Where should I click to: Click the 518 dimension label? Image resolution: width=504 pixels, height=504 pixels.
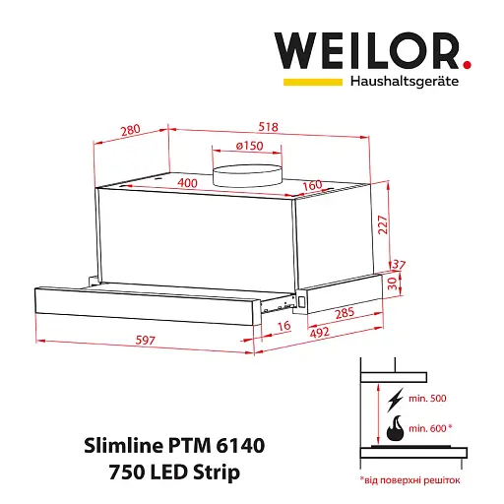[268, 127]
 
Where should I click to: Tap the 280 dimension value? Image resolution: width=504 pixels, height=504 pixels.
[131, 130]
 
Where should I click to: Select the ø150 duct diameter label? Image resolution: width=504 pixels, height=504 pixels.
[249, 146]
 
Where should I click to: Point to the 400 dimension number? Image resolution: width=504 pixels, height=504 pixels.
[187, 183]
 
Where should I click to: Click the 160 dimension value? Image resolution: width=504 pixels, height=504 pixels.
[312, 185]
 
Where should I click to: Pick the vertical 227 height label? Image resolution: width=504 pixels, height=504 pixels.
[383, 224]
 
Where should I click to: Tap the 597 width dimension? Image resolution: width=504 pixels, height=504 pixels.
[146, 340]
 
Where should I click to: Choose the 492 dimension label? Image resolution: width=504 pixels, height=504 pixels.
[320, 333]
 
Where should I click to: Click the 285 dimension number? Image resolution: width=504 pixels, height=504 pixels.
[345, 313]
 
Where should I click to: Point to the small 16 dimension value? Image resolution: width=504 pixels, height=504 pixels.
[284, 326]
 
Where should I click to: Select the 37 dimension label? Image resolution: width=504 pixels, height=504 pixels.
[399, 265]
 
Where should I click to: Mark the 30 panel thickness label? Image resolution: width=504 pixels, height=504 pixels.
[393, 283]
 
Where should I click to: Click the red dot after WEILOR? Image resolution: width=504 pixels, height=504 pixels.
[467, 64]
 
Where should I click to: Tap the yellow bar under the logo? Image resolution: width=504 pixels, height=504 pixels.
[313, 82]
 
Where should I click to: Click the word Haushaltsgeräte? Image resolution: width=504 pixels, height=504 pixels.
[405, 81]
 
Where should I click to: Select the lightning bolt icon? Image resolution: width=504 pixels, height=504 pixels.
[395, 400]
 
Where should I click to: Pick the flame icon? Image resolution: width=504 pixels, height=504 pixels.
[395, 428]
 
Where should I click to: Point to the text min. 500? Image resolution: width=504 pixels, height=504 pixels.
[427, 399]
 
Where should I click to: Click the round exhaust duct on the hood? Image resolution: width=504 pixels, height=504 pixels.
[247, 176]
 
